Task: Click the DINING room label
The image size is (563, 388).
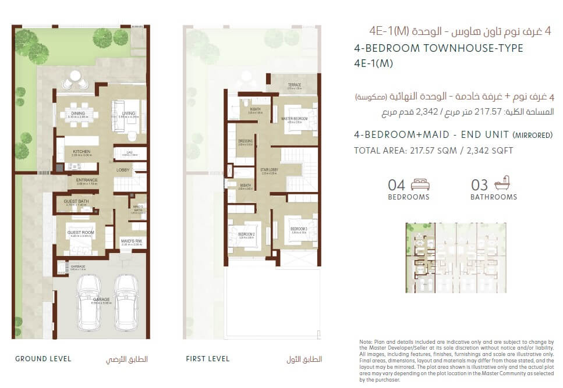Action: (x=78, y=113)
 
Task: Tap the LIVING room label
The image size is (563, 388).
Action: (x=129, y=113)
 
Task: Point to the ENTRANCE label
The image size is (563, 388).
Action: (x=86, y=180)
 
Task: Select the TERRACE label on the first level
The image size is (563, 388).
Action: (x=294, y=86)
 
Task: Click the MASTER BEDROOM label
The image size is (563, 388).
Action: (x=294, y=119)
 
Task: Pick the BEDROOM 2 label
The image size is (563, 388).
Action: (x=246, y=234)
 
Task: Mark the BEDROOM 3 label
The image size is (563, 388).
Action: (x=298, y=229)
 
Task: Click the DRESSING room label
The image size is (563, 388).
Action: (x=245, y=141)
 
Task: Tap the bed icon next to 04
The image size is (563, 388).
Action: (x=420, y=185)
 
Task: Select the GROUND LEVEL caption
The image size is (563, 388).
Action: (x=43, y=359)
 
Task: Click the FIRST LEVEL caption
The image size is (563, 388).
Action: (x=208, y=359)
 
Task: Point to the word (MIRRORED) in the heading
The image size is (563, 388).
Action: (x=532, y=135)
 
